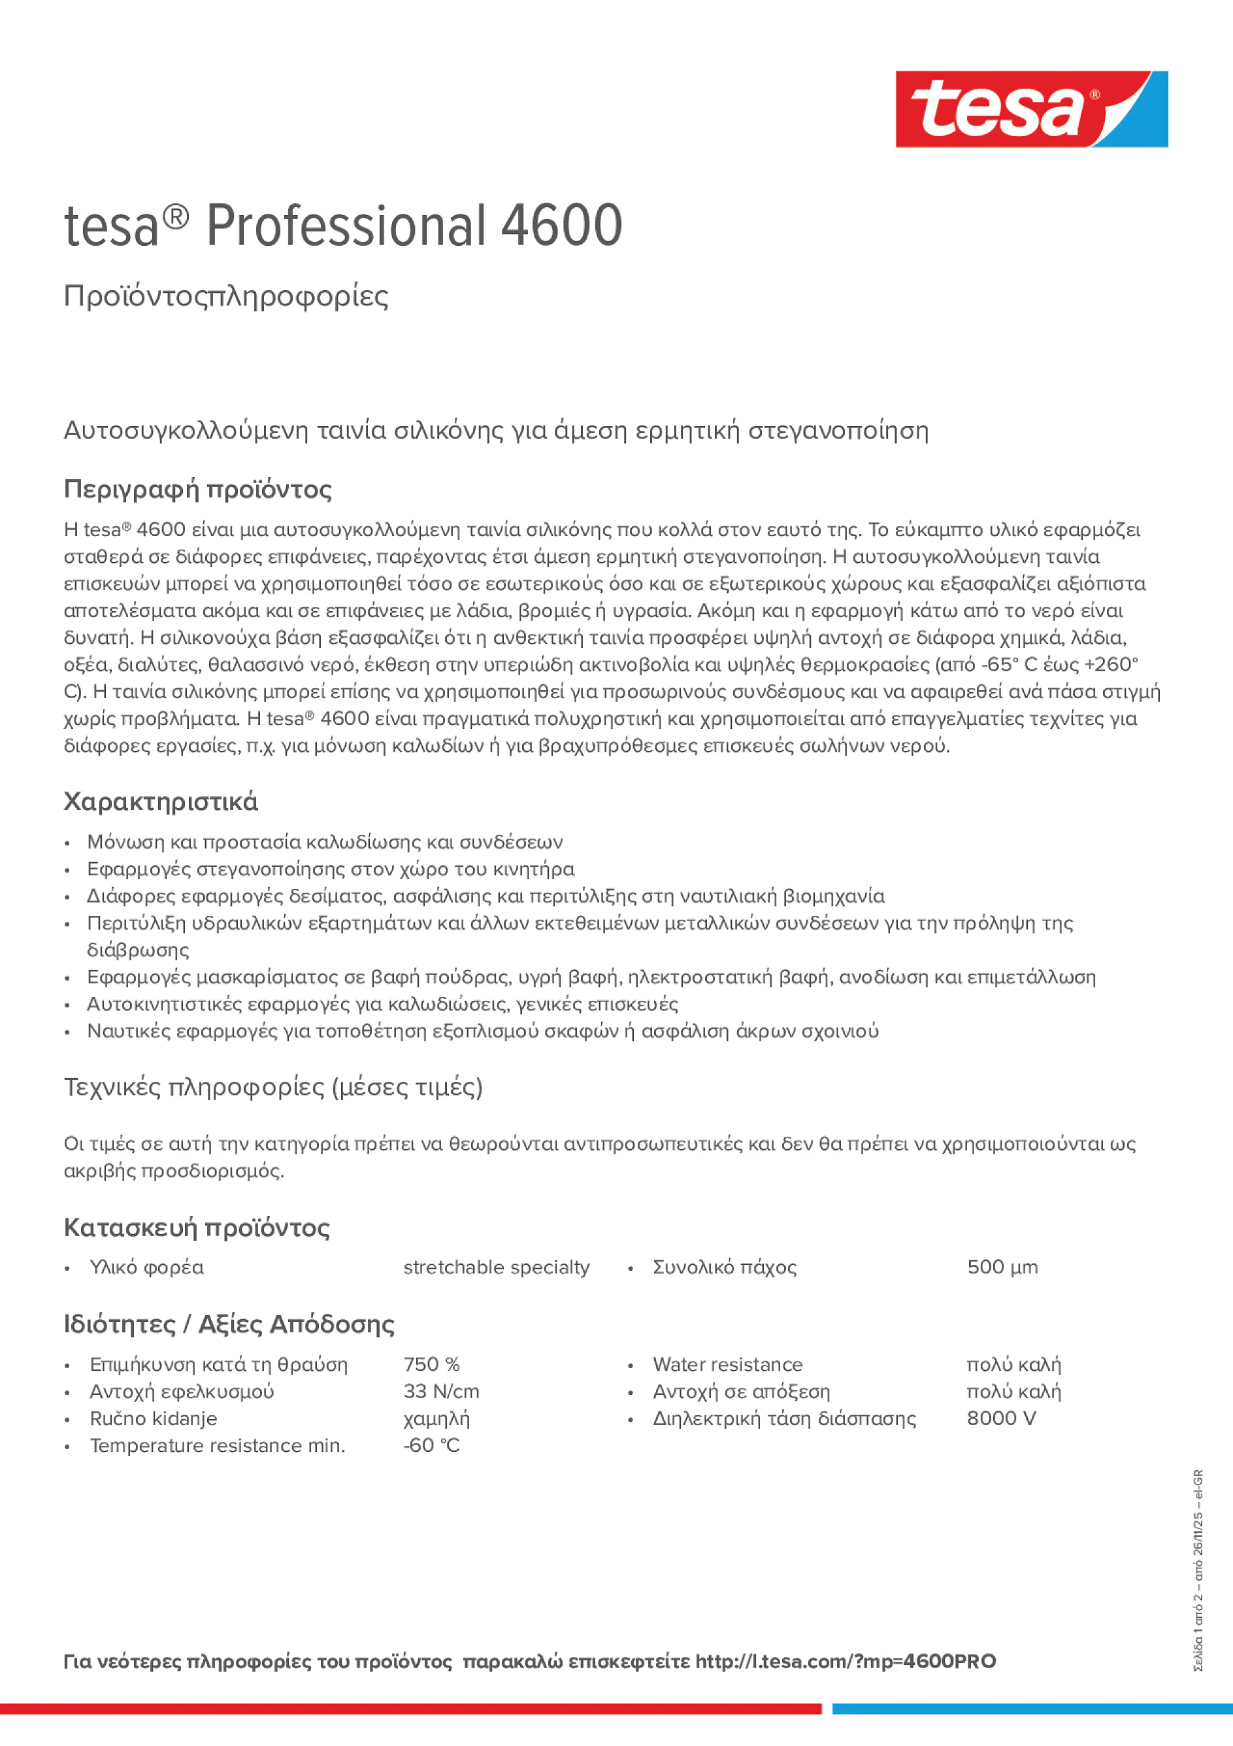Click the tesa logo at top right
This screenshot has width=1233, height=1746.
pos(1031,109)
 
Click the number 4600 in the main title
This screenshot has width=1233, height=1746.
pos(561,226)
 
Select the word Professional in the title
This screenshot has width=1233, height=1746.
pos(345,226)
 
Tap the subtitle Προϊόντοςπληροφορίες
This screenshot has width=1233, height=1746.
pos(226,296)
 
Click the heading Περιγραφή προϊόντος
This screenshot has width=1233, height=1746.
pos(197,489)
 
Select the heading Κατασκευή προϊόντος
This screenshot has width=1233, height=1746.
pos(196,1228)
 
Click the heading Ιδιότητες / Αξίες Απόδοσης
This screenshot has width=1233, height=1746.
pos(229,1324)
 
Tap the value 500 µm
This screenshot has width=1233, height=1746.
pos(1002,1267)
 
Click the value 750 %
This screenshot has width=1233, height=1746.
pos(431,1364)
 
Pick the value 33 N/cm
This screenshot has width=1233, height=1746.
pos(441,1391)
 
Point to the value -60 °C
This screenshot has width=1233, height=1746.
pos(431,1445)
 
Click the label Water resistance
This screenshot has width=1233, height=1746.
pos(727,1364)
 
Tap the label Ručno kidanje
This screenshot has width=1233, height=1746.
pos(153,1419)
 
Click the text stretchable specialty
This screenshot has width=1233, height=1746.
pos(496,1267)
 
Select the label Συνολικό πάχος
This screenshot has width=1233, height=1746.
pos(724,1267)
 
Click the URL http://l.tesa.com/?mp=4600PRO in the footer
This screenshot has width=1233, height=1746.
pos(845,1661)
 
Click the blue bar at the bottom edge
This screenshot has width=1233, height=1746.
pos(1032,1709)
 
